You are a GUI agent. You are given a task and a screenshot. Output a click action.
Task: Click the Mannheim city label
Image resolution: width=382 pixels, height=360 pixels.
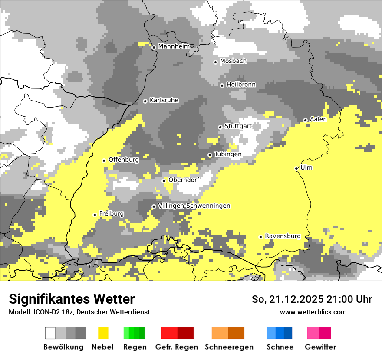point(174,46)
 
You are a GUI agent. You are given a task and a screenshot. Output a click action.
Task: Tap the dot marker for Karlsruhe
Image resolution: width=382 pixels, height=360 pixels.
point(145,101)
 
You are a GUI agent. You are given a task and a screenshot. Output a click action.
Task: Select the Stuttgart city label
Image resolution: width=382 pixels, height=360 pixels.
point(238,126)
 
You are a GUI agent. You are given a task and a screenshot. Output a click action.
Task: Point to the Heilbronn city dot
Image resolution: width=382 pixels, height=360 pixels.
point(222,85)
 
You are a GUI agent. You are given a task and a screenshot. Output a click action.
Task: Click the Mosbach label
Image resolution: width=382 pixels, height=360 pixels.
point(233,61)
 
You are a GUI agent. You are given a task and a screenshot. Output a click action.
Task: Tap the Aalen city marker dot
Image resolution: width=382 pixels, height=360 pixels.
point(305,120)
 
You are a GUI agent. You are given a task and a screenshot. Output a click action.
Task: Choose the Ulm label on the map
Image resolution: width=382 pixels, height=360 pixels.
point(306,168)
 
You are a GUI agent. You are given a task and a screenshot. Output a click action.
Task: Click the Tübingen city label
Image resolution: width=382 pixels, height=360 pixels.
point(228,154)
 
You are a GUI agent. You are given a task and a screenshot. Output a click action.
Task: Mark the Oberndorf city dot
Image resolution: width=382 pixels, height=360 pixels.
point(164,181)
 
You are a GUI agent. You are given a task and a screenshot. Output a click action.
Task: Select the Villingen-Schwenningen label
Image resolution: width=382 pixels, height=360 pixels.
point(194,206)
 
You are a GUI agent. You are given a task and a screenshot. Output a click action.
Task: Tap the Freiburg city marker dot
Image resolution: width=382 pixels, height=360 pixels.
point(95,215)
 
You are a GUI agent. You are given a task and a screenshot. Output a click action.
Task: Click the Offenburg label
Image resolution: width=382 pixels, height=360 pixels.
point(124,160)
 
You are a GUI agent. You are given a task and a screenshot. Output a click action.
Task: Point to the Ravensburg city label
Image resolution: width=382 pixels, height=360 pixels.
point(283,236)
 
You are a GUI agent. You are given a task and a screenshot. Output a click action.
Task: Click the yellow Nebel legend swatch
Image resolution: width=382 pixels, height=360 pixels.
point(103,333)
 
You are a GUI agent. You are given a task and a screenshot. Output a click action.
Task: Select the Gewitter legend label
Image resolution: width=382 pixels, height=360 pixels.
point(320,347)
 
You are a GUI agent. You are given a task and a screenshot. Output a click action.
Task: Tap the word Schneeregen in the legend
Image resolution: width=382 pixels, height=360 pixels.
point(229,347)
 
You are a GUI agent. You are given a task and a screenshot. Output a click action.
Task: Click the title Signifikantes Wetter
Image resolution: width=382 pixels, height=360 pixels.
point(72,299)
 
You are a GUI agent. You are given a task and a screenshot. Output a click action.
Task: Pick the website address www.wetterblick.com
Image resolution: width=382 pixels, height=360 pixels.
point(313,312)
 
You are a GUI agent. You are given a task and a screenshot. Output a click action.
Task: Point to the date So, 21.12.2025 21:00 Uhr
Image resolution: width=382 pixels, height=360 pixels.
point(312,299)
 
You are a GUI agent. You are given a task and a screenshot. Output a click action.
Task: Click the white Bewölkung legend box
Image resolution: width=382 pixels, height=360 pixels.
point(50,333)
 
